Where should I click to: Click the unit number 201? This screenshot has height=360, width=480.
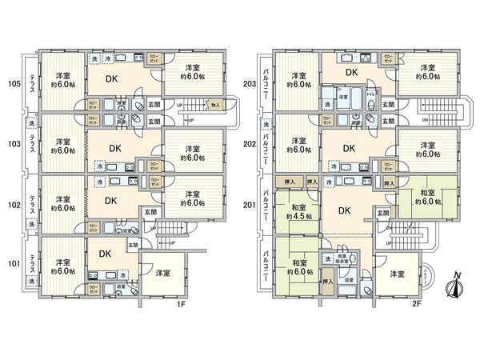coord(250,204)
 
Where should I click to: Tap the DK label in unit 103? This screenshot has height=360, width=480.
coord(116,147)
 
